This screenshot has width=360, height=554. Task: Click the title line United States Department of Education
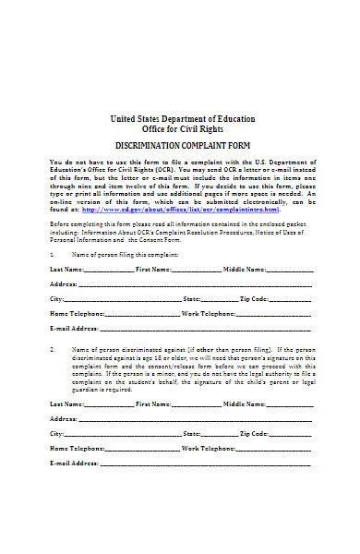click(x=183, y=118)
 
